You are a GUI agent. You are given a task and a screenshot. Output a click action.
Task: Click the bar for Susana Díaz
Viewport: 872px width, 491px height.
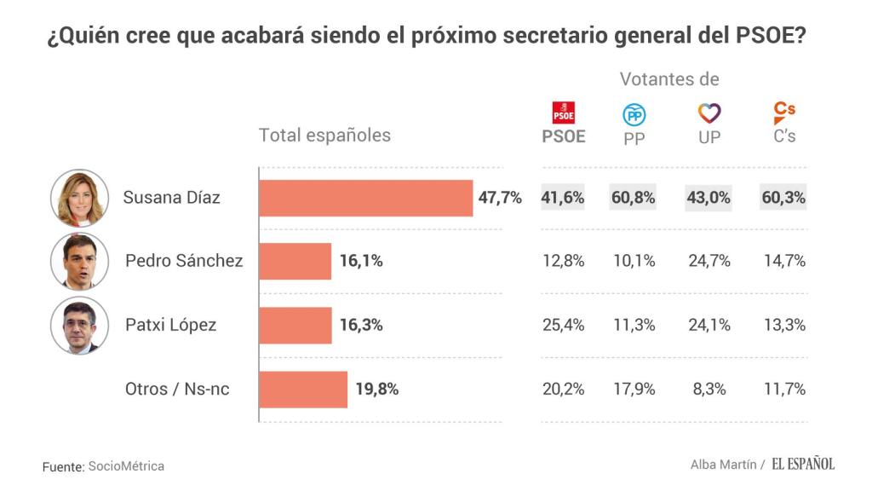[365, 198]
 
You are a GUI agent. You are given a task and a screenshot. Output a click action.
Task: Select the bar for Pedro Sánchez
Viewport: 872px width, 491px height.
[295, 261]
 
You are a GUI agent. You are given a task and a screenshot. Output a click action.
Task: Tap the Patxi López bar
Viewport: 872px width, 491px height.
[295, 325]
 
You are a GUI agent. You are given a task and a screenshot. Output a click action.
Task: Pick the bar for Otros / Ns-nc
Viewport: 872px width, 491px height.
[303, 389]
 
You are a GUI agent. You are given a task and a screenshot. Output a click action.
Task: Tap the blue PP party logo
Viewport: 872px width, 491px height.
[634, 114]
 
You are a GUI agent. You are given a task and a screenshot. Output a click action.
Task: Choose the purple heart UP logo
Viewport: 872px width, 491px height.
[709, 113]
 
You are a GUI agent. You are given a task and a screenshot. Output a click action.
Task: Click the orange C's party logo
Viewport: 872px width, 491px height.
[784, 113]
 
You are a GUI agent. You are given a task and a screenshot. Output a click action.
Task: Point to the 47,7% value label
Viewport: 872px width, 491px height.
[500, 198]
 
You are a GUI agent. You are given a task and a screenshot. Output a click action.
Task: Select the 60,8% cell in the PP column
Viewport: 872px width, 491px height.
[634, 198]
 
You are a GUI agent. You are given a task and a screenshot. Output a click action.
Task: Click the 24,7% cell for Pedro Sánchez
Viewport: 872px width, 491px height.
[709, 261]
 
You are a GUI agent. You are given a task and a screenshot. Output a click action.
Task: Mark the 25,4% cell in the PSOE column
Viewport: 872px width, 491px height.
[564, 325]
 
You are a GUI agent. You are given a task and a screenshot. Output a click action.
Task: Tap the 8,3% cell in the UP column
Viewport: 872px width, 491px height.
[709, 389]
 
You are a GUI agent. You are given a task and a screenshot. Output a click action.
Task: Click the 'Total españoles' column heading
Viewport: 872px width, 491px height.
[324, 135]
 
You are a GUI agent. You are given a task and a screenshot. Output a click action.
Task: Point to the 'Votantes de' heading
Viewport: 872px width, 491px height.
[669, 79]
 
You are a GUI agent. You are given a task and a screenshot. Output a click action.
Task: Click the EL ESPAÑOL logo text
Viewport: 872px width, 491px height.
[803, 464]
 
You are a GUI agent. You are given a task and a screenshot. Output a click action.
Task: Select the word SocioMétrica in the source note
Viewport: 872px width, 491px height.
[126, 466]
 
